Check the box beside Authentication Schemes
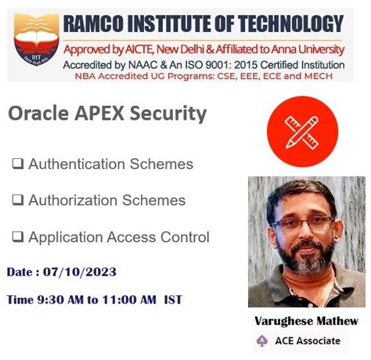point(17,164)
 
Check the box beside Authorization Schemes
point(17,200)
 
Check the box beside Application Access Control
point(17,236)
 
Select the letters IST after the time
point(173,299)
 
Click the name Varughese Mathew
point(307,322)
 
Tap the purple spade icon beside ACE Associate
point(262,340)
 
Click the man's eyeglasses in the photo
point(301,222)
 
